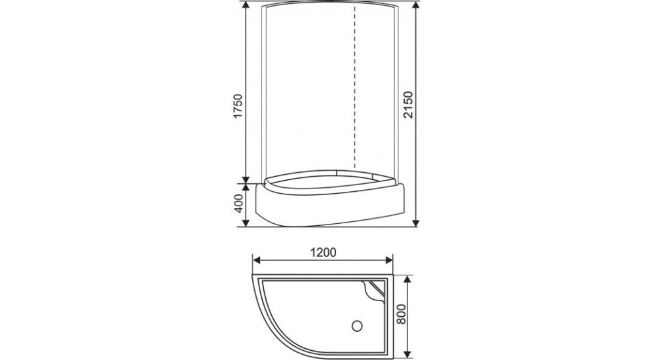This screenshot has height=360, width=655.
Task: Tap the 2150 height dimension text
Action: click(409, 106)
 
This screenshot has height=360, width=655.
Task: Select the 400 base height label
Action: click(239, 204)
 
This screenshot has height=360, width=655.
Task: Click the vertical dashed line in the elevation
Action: click(354, 92)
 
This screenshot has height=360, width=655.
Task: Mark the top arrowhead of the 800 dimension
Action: click(407, 278)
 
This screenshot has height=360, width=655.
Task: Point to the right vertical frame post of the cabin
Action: click(396, 92)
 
